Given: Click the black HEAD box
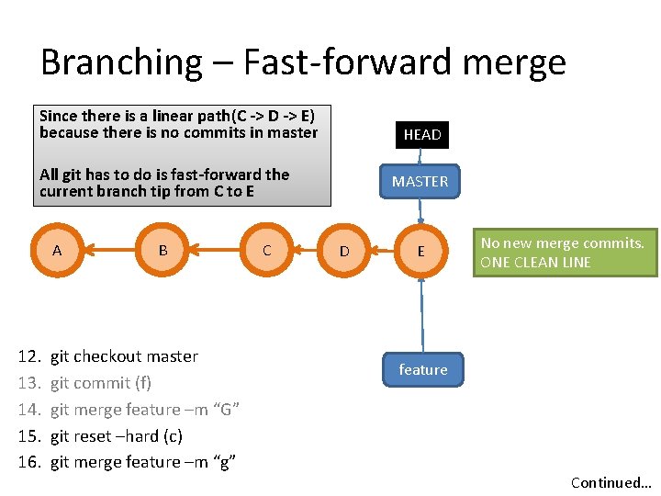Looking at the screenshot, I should [422, 134].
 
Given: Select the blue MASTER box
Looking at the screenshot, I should [420, 182].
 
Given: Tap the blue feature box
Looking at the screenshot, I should [423, 369].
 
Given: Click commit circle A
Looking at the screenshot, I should [57, 250].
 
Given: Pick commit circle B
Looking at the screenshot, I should [162, 250].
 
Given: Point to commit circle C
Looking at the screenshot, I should [266, 250].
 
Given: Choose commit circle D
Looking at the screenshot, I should [344, 251].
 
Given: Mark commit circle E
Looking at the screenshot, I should [420, 251].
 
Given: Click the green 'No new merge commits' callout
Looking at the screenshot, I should [563, 253].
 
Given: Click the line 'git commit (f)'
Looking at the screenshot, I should [100, 383].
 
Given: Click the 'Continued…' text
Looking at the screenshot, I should [611, 482].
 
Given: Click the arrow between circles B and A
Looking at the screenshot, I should [109, 250].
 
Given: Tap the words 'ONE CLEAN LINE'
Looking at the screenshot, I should [536, 262].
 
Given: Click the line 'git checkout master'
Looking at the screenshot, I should [124, 356].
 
